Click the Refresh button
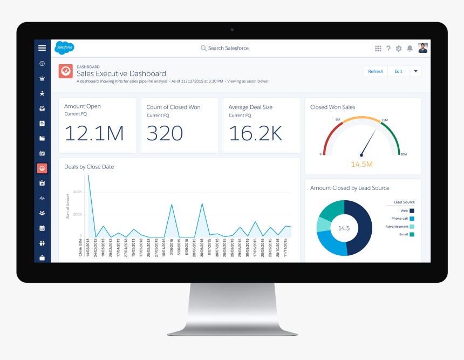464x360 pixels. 376,71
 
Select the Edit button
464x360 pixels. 398,71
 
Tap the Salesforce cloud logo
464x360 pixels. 64,48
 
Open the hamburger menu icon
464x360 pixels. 42,48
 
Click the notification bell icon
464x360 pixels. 410,49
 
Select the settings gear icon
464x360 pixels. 399,49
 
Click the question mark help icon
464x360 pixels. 388,49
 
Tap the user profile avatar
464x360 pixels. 422,48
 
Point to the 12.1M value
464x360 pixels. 94,133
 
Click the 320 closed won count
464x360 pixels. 165,133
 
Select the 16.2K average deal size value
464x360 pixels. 256,133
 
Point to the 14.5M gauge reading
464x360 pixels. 361,164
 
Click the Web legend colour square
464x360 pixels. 412,210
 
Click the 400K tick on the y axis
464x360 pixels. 77,192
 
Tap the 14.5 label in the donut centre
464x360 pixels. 344,228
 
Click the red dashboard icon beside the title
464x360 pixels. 65,71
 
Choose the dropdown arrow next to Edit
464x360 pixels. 415,71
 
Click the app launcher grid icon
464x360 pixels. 378,49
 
